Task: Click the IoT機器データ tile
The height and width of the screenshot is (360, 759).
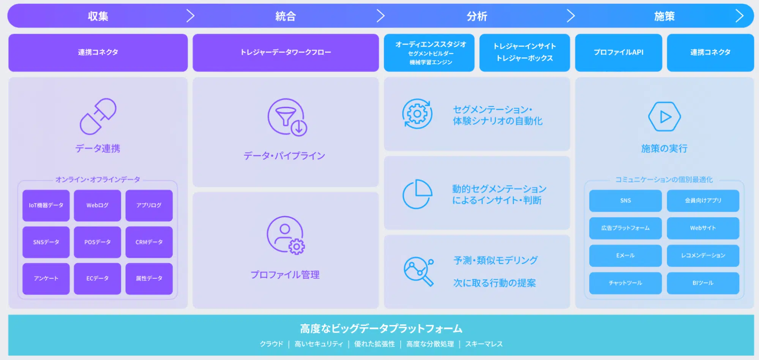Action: tap(46, 205)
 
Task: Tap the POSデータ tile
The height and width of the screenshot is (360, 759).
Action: tap(98, 242)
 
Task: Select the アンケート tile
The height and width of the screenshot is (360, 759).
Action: tap(46, 279)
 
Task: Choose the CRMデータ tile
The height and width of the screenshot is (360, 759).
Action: tap(149, 242)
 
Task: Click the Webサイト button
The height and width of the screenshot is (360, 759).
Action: tap(703, 228)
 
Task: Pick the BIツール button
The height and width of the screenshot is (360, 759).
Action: tap(703, 283)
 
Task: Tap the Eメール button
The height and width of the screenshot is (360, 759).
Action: tap(625, 256)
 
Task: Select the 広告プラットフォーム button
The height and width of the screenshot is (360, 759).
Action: tap(625, 228)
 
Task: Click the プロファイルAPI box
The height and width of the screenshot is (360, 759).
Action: tap(619, 53)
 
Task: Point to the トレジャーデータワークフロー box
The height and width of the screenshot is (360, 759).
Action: tap(286, 53)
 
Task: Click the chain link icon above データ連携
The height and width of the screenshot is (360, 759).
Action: tap(98, 117)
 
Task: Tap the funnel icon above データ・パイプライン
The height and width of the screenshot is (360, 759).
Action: tap(287, 117)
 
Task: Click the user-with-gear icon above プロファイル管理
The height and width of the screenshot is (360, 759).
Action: tap(286, 235)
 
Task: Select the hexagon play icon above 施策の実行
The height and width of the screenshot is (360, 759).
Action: tap(664, 117)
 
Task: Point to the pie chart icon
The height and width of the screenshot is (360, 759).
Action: tap(417, 194)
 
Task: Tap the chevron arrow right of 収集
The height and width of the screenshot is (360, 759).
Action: tap(191, 16)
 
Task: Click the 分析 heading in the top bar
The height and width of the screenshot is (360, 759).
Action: tap(477, 16)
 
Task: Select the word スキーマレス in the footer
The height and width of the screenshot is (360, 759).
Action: tap(484, 344)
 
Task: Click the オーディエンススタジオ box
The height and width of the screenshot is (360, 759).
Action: tap(429, 53)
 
